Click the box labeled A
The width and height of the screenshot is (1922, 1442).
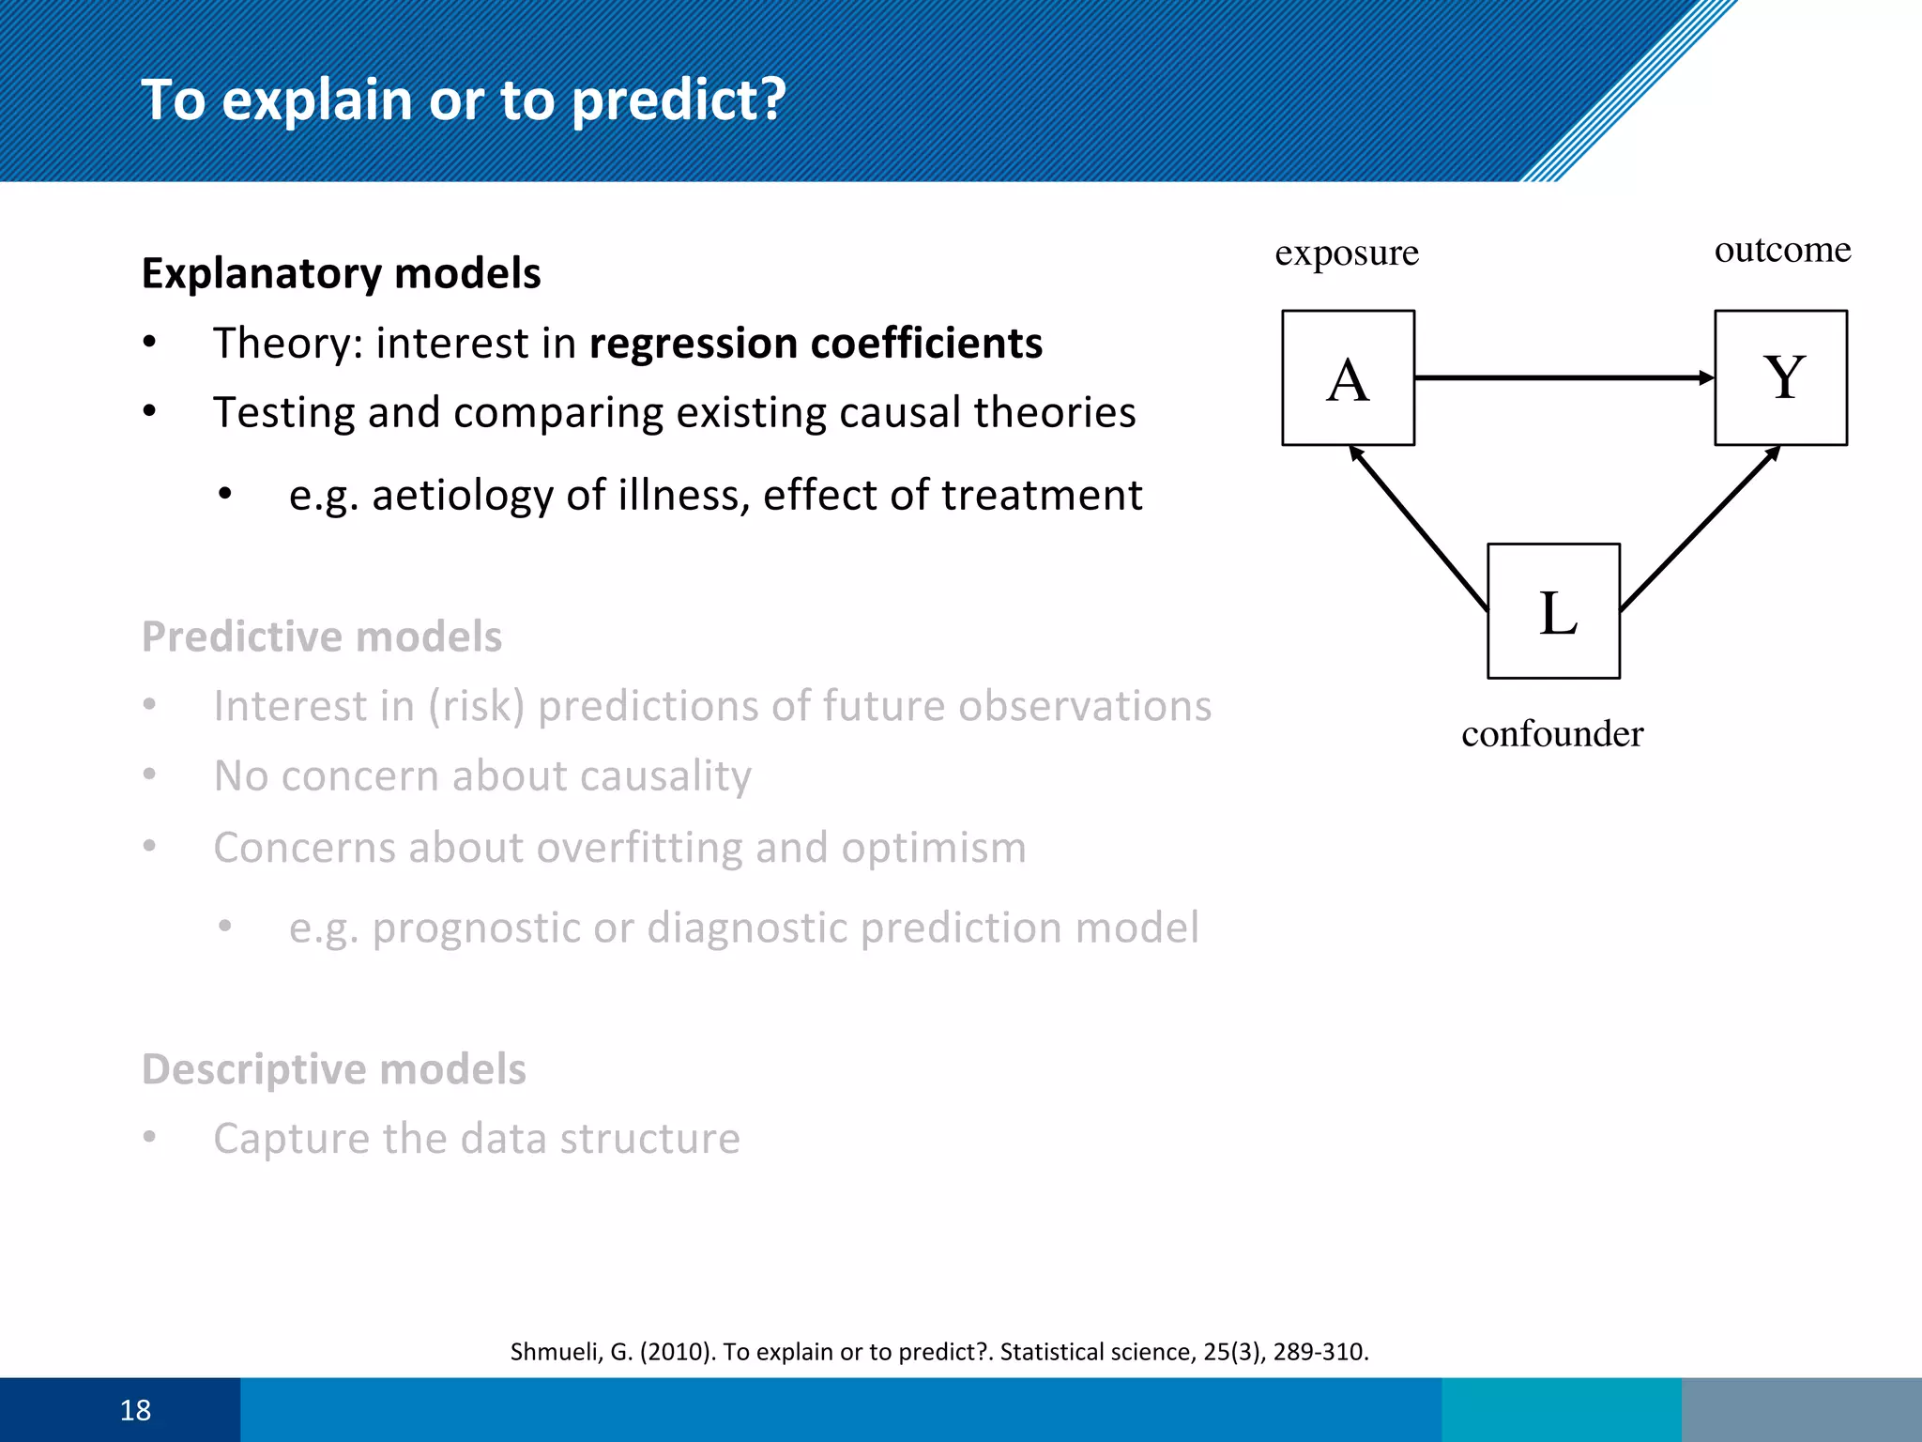click(1348, 377)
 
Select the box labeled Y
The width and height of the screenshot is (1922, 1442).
click(1780, 377)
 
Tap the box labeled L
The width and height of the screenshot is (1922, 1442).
click(1553, 611)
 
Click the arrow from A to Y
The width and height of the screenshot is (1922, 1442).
click(1563, 377)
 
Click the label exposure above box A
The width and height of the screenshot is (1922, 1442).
click(1346, 253)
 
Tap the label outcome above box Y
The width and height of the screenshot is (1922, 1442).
click(1782, 250)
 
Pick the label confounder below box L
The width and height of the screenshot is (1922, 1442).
click(1552, 733)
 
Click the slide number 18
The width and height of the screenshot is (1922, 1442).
click(135, 1410)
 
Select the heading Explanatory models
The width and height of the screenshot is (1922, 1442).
click(341, 273)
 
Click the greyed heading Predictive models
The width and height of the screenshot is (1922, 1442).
click(322, 637)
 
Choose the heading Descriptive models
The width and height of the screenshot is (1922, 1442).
click(333, 1069)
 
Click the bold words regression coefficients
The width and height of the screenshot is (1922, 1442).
click(815, 343)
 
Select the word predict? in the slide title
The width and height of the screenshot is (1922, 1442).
click(678, 100)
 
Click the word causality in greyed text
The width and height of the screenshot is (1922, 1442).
click(657, 776)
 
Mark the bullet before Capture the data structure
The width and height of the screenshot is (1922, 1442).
click(149, 1138)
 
